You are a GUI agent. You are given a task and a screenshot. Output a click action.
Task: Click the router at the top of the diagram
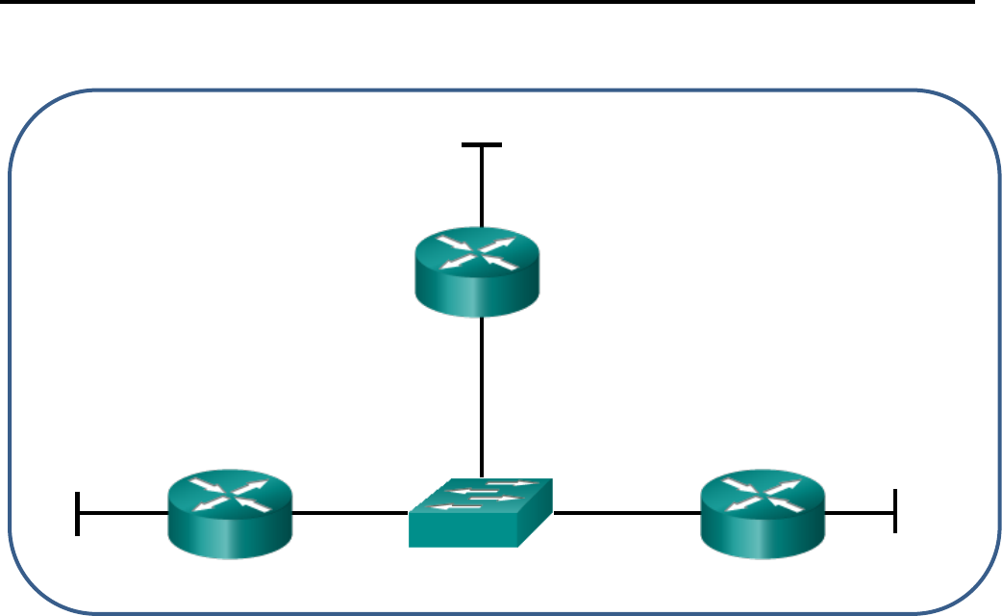pos(478,271)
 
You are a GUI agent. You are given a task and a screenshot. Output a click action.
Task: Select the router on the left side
pos(230,512)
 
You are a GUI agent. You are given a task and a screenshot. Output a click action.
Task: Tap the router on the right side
pos(763,512)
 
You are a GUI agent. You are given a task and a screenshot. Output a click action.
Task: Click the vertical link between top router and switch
pos(481,395)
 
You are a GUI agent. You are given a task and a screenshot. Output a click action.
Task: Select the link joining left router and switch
pos(351,512)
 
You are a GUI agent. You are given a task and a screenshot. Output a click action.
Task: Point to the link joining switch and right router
pos(625,512)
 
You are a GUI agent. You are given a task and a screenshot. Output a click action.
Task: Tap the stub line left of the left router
pos(122,512)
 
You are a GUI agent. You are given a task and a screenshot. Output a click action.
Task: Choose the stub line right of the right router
pos(860,512)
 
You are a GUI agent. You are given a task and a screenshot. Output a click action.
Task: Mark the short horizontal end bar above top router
pos(481,145)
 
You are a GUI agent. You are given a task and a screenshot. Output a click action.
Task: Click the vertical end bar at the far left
pos(77,512)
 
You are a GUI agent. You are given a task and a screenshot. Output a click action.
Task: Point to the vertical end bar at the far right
pos(894,510)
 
